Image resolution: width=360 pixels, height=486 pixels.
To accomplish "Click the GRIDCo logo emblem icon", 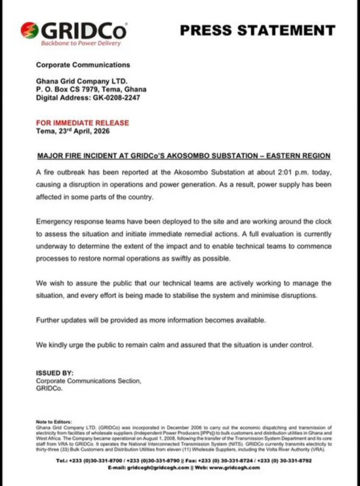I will tap(29, 31).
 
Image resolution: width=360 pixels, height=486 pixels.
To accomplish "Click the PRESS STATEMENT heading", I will tap(257, 30).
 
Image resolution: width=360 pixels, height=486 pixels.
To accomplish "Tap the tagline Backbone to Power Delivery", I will tap(81, 43).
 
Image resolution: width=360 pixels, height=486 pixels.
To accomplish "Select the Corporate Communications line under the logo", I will tap(83, 65).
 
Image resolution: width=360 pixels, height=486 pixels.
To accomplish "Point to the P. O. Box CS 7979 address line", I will tap(91, 89).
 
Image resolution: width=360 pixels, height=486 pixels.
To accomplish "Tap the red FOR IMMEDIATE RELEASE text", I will tap(82, 123).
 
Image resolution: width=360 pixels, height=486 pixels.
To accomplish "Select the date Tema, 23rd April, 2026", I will tap(73, 131).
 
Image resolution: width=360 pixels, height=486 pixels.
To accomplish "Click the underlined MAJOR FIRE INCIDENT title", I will tap(183, 156).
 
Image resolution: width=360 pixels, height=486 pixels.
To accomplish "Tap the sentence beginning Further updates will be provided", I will tap(151, 320).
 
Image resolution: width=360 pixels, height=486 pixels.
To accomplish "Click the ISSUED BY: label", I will tap(55, 373).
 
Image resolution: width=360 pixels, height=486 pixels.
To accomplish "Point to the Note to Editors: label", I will tap(54, 421).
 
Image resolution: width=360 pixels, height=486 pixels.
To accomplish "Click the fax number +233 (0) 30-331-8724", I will tap(224, 460).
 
